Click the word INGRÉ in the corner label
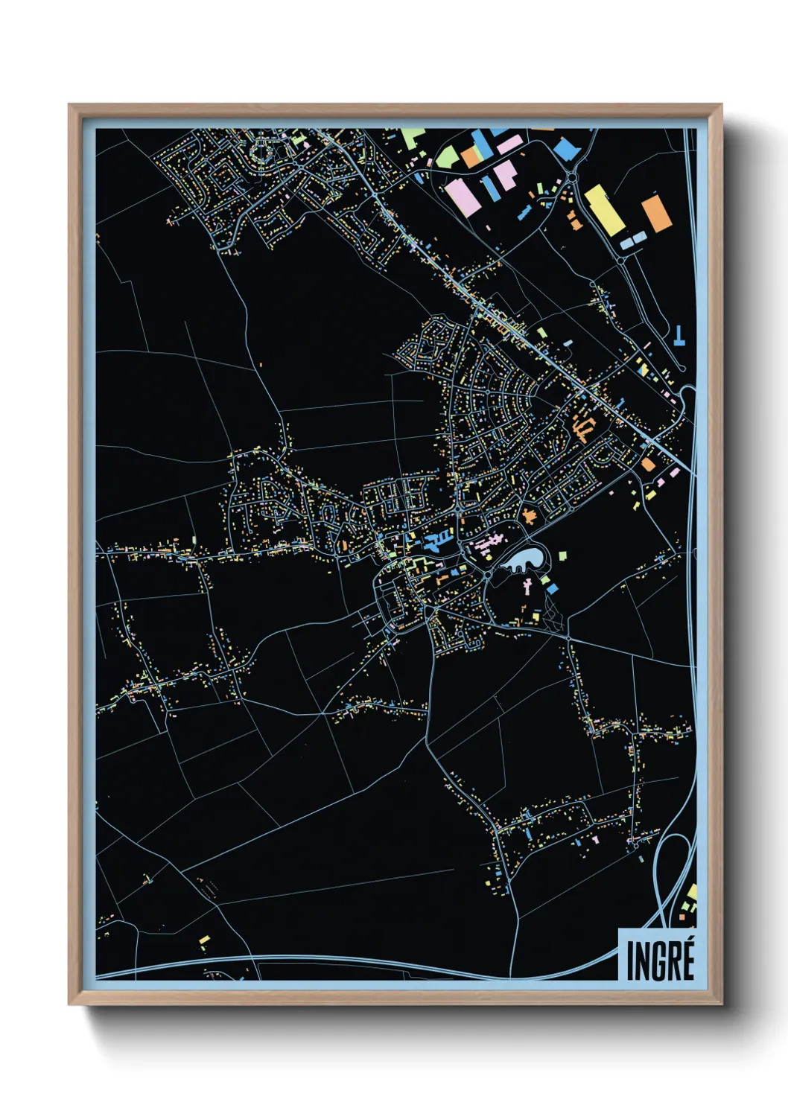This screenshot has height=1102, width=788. (x=660, y=960)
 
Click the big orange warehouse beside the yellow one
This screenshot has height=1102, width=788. (x=656, y=213)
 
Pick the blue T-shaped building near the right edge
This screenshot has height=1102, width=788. (x=679, y=337)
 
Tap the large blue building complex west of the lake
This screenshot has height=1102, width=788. (x=436, y=541)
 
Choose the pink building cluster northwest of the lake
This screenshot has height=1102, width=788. (x=485, y=544)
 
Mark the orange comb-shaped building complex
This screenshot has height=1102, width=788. (x=583, y=427)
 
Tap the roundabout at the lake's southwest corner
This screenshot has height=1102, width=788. (x=486, y=575)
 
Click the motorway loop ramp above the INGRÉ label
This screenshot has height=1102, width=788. (x=674, y=864)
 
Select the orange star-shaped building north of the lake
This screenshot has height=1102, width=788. (x=530, y=515)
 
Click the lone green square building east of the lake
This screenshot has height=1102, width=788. (x=562, y=555)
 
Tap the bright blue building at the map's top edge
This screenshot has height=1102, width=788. (x=568, y=147)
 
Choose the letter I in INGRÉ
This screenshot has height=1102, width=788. (x=630, y=961)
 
